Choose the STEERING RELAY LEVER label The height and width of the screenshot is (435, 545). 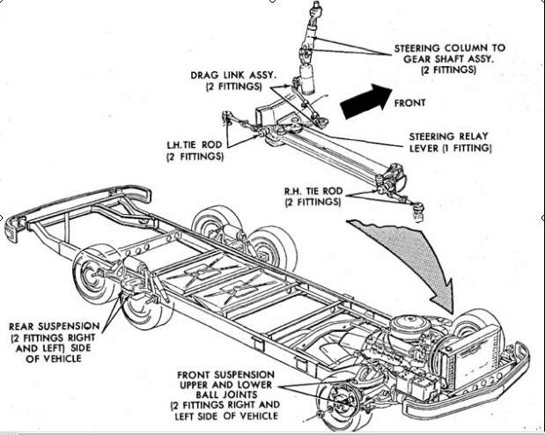coord(449,142)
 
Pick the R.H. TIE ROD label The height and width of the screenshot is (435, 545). coord(313,195)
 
